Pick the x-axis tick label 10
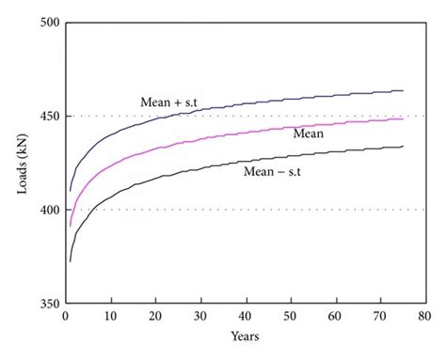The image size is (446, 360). (x=111, y=318)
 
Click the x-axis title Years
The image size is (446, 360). (x=246, y=337)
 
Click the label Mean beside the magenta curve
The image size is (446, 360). (x=309, y=133)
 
